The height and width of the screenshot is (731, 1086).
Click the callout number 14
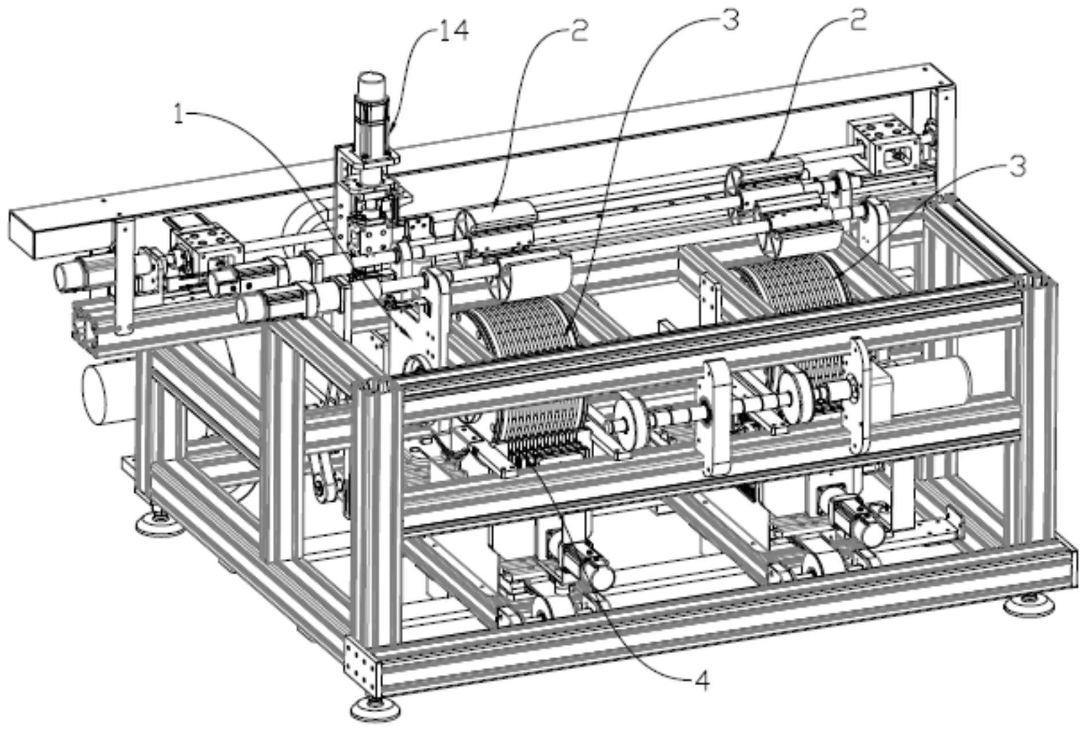coord(454,31)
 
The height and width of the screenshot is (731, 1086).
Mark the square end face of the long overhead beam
coord(23,234)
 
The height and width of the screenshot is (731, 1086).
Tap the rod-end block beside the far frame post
coord(878,142)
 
